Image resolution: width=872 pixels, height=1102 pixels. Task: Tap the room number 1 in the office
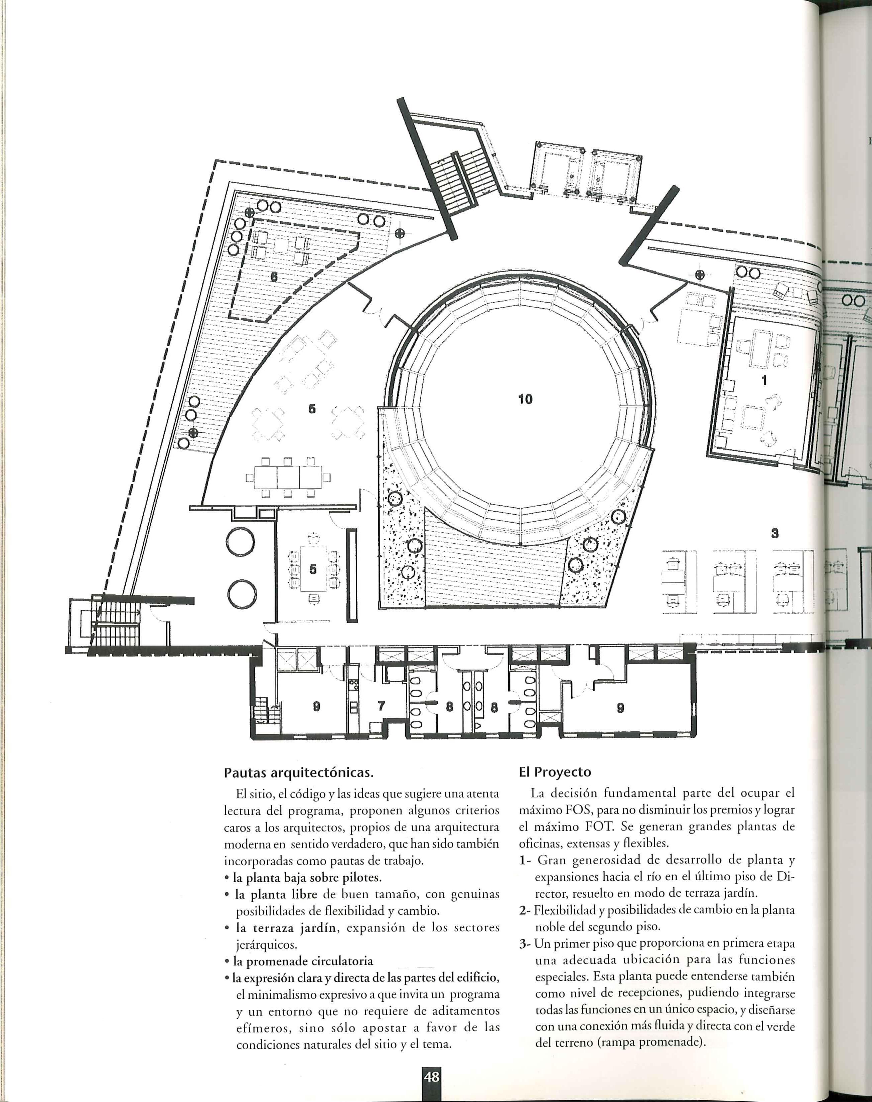[x=764, y=380]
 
